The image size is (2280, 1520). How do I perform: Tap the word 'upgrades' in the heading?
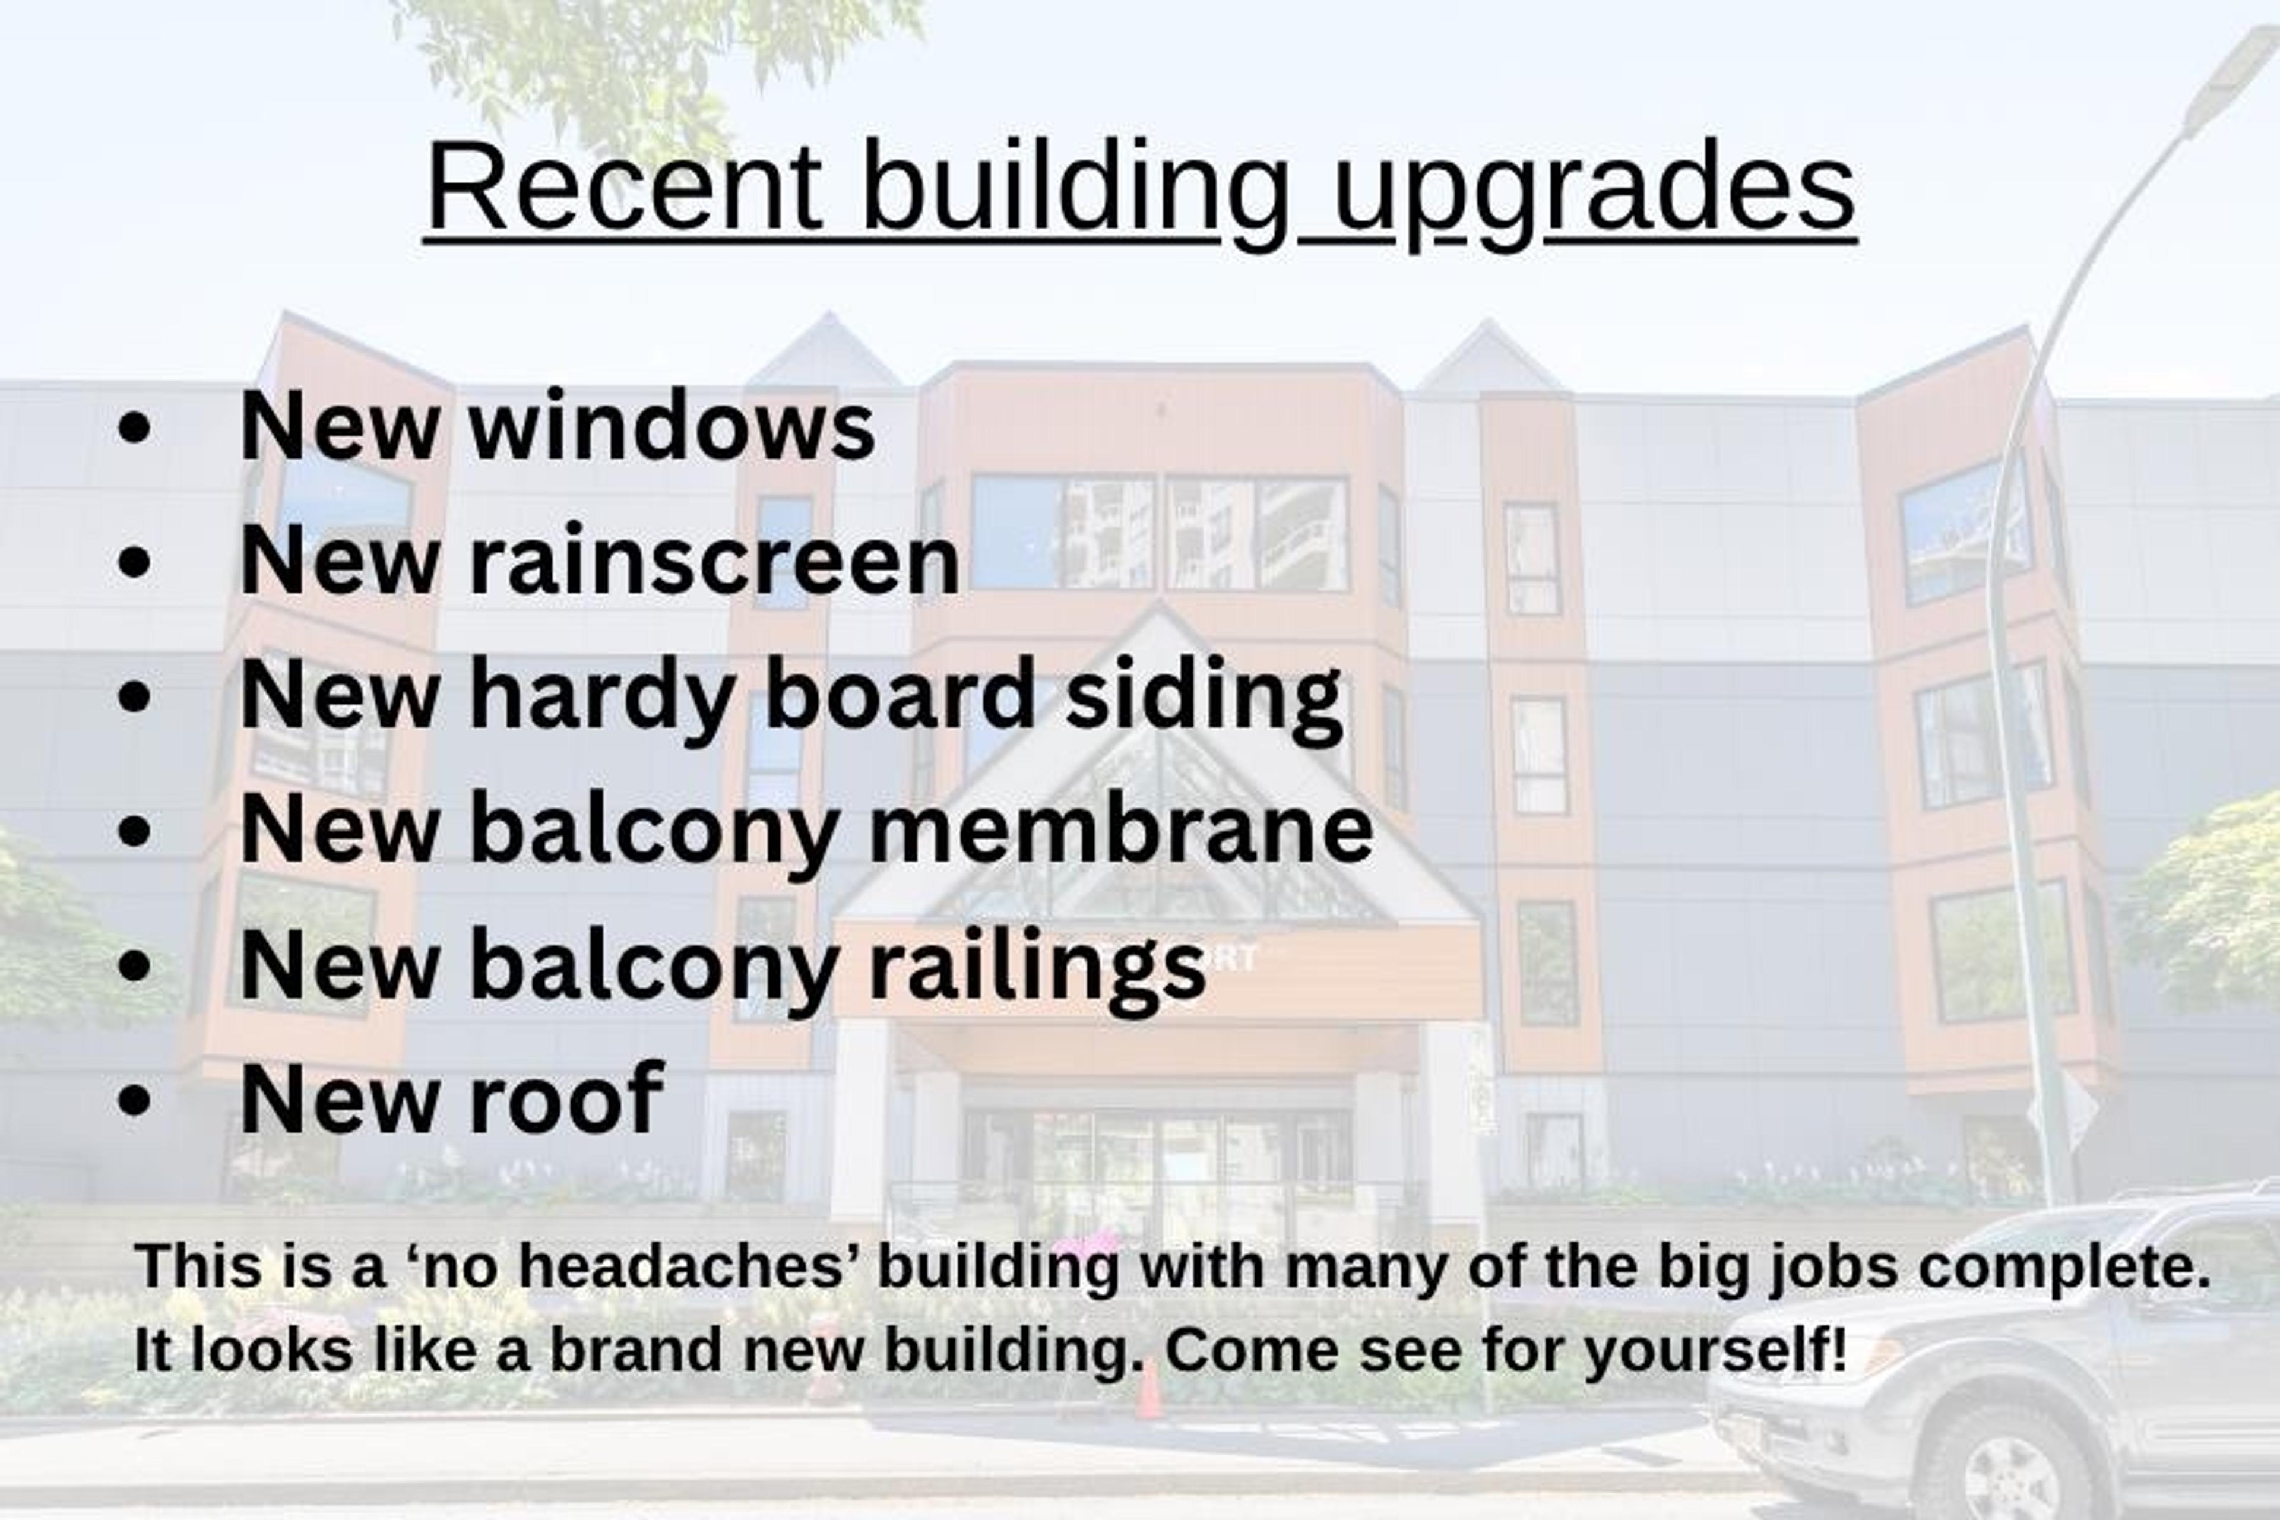[x=1595, y=188]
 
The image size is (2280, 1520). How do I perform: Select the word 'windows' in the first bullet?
[x=672, y=426]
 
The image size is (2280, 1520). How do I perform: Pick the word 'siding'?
[x=1204, y=696]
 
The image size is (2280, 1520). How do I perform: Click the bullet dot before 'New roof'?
[x=135, y=1100]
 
